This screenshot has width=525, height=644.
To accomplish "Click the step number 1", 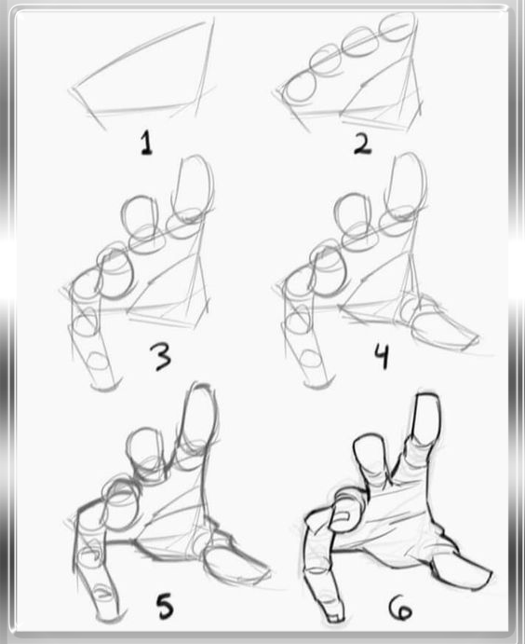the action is click(x=146, y=143).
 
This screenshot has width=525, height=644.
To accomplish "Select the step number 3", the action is click(x=162, y=357).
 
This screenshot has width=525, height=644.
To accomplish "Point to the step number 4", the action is click(x=382, y=356).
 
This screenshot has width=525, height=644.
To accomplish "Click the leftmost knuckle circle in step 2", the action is click(x=297, y=87).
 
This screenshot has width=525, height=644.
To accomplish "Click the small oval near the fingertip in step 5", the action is click(x=102, y=592).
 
